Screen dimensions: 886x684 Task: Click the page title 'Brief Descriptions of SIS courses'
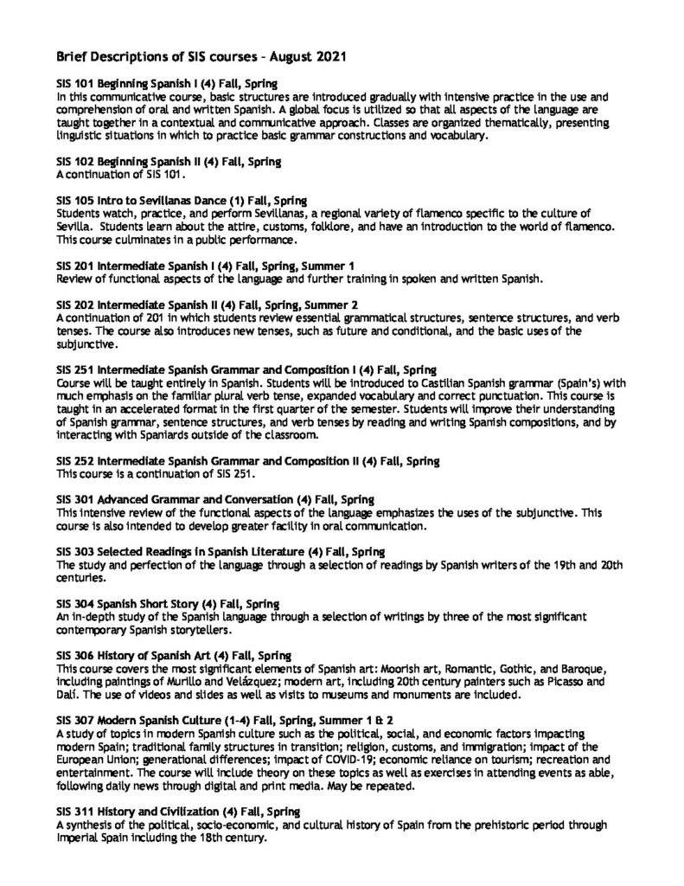pos(201,57)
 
